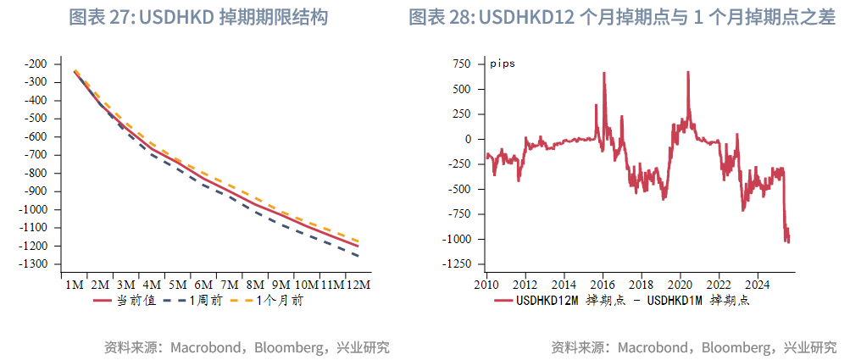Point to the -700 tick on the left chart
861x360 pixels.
click(36, 155)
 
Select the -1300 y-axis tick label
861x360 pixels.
click(34, 264)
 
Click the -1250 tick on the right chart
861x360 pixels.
click(458, 264)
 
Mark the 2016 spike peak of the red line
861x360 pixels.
click(604, 73)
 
